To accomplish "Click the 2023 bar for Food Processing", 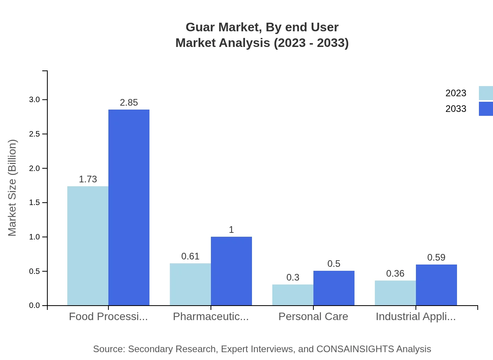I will (88, 246).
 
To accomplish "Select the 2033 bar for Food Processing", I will (129, 207).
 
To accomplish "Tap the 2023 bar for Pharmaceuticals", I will (190, 284).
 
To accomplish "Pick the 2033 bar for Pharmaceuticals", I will (231, 271).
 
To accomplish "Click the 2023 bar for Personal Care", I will (293, 295).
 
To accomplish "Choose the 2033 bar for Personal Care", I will (334, 288).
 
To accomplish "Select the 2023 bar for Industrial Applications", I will (395, 293).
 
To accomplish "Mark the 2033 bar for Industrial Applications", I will (436, 285).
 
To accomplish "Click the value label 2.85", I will (129, 103).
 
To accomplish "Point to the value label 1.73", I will (88, 179).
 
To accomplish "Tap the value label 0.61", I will (190, 256).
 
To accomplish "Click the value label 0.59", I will (436, 257).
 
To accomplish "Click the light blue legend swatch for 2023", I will (486, 93).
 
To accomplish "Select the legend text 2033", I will (456, 109).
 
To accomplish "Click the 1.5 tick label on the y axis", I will (34, 203).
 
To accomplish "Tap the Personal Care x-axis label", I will (313, 316).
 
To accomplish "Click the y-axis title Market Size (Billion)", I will (12, 188).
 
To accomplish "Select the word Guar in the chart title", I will (199, 27).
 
